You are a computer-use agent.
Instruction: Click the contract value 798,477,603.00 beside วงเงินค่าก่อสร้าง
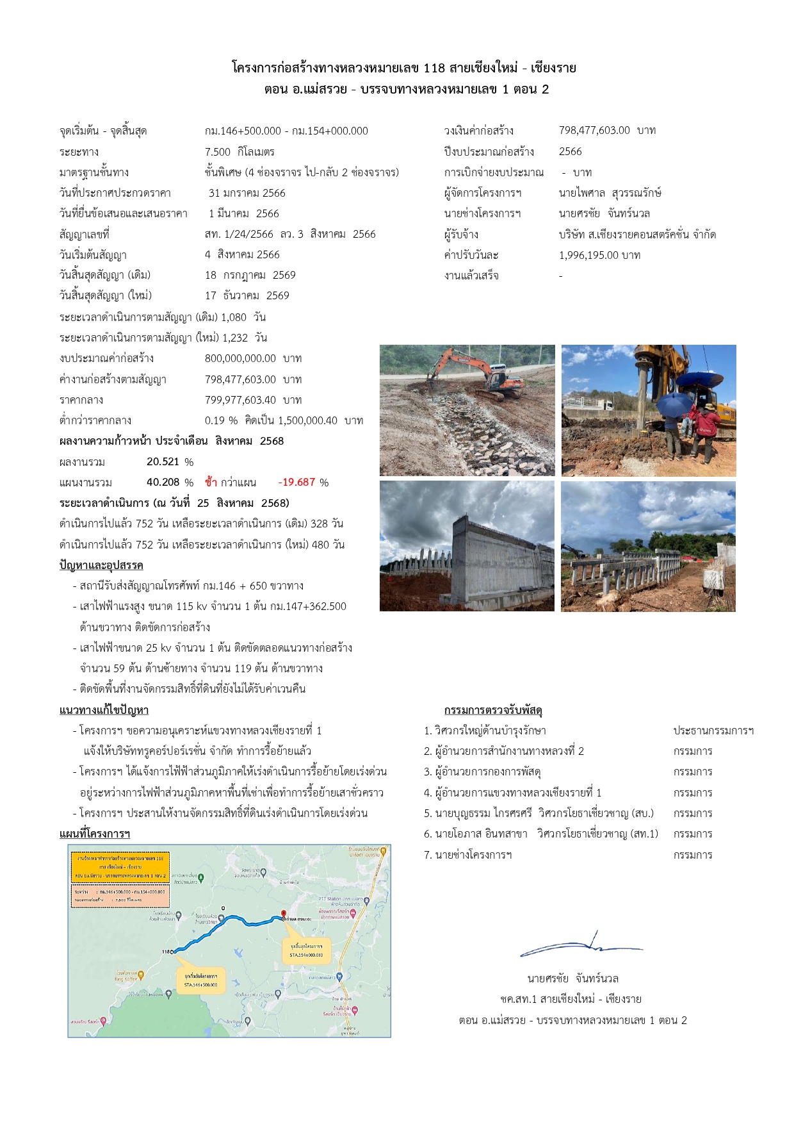[x=594, y=131]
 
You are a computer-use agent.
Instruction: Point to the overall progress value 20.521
[x=163, y=462]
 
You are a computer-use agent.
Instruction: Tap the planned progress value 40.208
[x=163, y=483]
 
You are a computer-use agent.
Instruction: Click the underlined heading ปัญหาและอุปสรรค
[x=101, y=565]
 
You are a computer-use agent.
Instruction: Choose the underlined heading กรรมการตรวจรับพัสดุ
[x=493, y=710]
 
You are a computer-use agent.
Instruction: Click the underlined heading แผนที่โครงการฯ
[x=95, y=834]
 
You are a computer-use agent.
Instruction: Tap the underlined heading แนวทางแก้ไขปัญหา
[x=104, y=710]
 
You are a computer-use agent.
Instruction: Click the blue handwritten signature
[x=579, y=945]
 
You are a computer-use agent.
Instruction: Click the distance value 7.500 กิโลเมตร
[x=239, y=152]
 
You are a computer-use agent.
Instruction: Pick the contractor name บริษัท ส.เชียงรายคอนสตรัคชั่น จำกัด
[x=637, y=235]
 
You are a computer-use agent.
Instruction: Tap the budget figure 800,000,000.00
[x=240, y=359]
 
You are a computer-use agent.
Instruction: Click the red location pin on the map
[x=284, y=914]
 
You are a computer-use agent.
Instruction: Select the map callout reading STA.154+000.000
[x=306, y=950]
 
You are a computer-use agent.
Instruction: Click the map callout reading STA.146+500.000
[x=200, y=980]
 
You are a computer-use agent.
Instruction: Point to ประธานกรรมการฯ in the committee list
[x=713, y=731]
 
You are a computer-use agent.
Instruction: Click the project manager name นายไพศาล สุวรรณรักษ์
[x=610, y=193]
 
